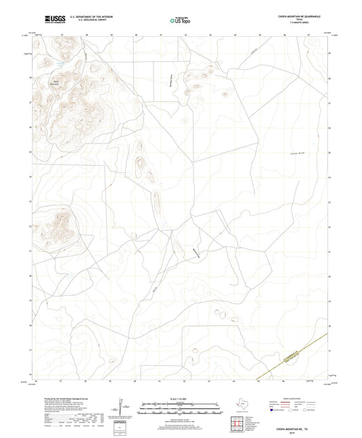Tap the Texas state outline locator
click(242, 406)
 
